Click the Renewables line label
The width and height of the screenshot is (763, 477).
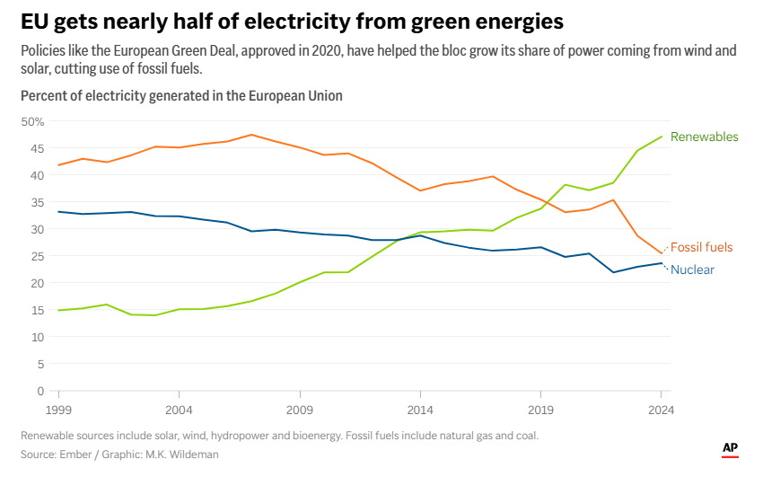[x=704, y=137]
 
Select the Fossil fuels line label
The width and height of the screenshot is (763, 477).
[x=701, y=247]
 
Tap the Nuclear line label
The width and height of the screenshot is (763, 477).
[x=692, y=269]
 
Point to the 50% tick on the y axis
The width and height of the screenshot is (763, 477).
[x=32, y=121]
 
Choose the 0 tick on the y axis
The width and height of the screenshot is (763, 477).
[x=40, y=391]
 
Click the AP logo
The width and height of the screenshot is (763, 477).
[x=731, y=447]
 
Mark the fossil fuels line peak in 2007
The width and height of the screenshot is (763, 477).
[x=251, y=135]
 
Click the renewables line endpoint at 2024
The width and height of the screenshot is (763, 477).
[x=662, y=137]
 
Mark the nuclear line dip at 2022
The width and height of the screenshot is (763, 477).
[x=613, y=272]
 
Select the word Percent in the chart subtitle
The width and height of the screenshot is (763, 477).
[x=44, y=95]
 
